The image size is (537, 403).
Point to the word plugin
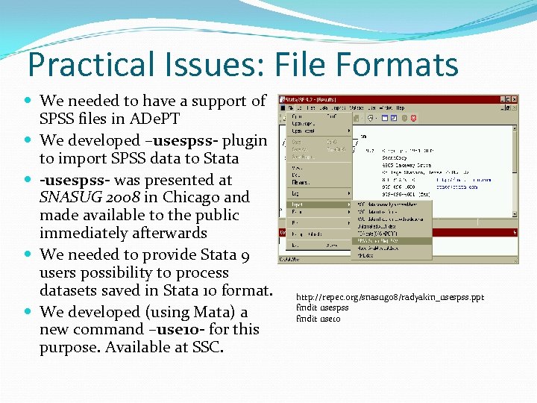tap(243, 140)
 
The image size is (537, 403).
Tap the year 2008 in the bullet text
tap(131, 198)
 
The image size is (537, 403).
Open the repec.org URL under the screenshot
tap(389, 297)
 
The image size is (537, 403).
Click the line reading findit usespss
tap(322, 307)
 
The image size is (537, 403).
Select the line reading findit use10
tap(318, 318)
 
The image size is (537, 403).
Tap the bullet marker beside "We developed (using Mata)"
tap(29, 311)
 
